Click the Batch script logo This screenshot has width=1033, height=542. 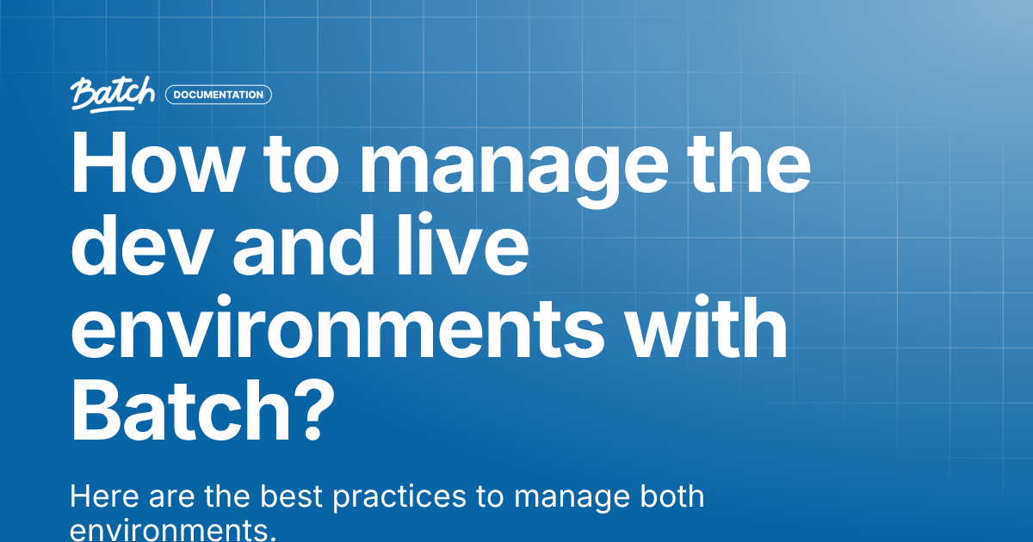click(113, 94)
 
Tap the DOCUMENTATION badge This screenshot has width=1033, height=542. click(219, 95)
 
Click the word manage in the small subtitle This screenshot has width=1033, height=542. click(568, 499)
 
